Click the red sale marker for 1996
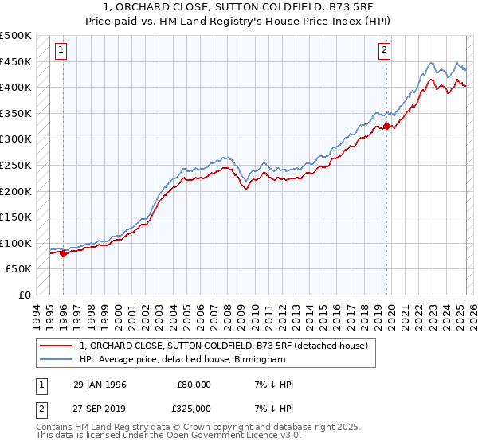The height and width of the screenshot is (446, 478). [63, 254]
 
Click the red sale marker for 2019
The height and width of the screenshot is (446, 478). [386, 126]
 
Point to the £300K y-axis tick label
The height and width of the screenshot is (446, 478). [16, 139]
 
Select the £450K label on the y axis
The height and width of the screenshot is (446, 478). [16, 61]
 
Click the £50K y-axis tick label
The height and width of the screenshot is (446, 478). [19, 269]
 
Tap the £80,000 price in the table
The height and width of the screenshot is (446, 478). [194, 385]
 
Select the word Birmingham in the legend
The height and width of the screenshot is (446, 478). [258, 360]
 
